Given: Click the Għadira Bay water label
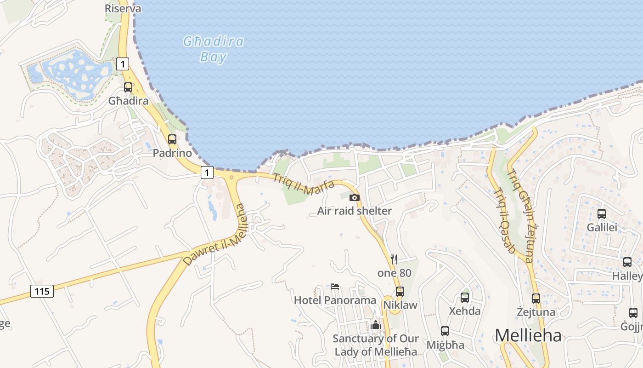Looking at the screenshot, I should (214, 49).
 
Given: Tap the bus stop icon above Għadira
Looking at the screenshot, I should (128, 87).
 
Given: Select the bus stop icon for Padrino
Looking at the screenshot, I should (172, 139).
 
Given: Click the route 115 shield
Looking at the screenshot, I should (42, 291).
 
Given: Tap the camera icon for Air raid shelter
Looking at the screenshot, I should (355, 197).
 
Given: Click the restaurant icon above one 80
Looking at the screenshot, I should (394, 259).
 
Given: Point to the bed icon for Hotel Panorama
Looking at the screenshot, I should (335, 287).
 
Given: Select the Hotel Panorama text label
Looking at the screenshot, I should (335, 300).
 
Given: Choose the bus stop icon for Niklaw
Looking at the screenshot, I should (400, 291).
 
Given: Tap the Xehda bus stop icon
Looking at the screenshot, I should (465, 297).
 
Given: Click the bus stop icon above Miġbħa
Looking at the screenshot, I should (445, 331).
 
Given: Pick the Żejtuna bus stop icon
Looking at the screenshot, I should (536, 298).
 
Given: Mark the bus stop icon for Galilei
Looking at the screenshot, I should (602, 213).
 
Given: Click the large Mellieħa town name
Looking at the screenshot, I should (528, 335).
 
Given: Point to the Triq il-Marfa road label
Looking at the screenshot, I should (304, 184).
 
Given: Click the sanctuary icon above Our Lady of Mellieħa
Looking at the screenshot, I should (376, 325).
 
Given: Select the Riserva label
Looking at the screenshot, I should (123, 8).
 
